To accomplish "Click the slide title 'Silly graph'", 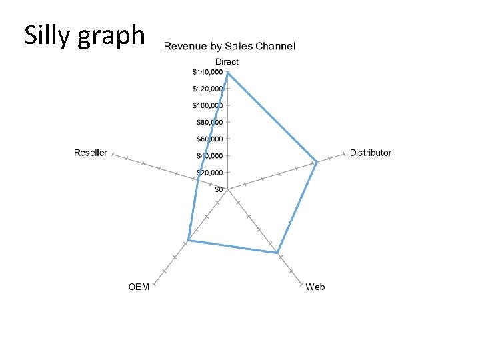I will coord(85,35).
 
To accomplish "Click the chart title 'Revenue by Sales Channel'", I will coord(229,46).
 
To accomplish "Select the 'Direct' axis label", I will coord(227,62).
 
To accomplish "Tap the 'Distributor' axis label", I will coord(371,153).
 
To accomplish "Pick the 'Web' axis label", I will coord(315,287).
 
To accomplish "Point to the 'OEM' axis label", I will coord(139,287).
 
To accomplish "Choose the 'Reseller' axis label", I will coord(90,153).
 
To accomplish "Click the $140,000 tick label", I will coord(207,72).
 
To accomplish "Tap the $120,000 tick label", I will coord(207,89).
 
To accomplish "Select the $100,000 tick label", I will coord(207,105).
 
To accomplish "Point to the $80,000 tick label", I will coord(209,122).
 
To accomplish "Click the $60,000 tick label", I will coord(209,139).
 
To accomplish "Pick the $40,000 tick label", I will coord(209,155).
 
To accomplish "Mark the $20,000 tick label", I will coord(209,172).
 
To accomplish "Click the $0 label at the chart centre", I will coord(219,189).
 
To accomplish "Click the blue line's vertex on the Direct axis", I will coord(227,73).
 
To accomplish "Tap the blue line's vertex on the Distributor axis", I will coord(317,162).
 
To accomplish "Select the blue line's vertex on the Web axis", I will coord(277,253).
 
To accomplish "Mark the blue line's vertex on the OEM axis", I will coord(189,240).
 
